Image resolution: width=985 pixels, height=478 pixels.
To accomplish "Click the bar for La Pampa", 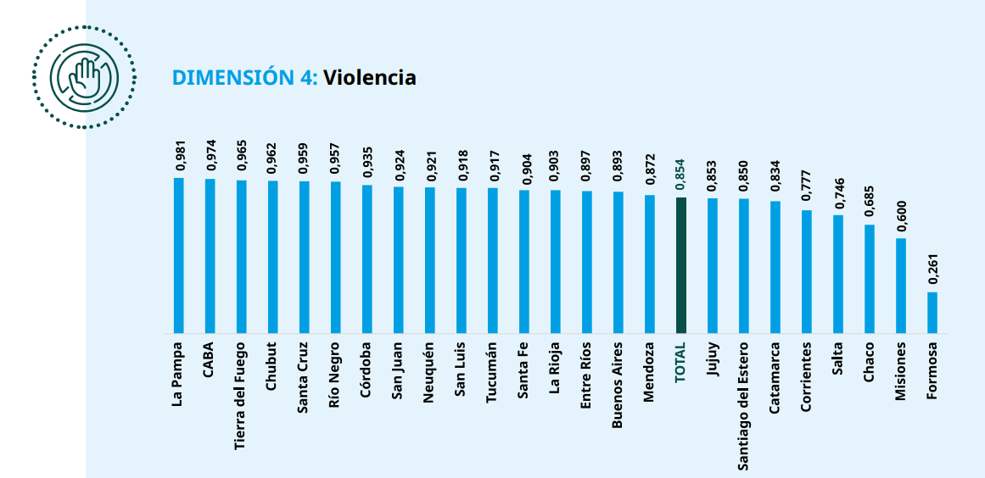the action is [178, 255].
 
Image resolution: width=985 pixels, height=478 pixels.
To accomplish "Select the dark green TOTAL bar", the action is [681, 265].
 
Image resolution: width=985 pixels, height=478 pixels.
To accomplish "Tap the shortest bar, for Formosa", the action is [932, 313].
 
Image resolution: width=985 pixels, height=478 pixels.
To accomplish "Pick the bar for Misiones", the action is [901, 286].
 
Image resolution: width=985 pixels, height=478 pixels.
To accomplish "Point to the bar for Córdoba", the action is [367, 259].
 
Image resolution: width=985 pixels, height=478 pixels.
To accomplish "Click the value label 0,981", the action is [179, 157].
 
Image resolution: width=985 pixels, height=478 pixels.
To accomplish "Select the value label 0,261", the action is [933, 270].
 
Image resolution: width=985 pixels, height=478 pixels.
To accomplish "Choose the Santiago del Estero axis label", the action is [744, 406].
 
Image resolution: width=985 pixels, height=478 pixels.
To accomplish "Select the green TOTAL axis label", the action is [681, 362].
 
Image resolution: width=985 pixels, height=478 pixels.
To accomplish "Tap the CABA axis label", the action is [210, 359].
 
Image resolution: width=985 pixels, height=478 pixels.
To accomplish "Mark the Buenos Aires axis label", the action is [618, 385].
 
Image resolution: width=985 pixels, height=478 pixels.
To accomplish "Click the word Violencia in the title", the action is [370, 77].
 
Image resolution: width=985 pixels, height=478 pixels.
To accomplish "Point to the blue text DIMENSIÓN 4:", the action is [245, 77].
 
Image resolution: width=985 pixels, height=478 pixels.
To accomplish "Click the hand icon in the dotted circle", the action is [83, 77].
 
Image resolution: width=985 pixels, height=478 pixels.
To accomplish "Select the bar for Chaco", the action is [870, 279].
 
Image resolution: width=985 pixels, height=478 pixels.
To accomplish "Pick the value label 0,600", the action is [902, 217].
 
